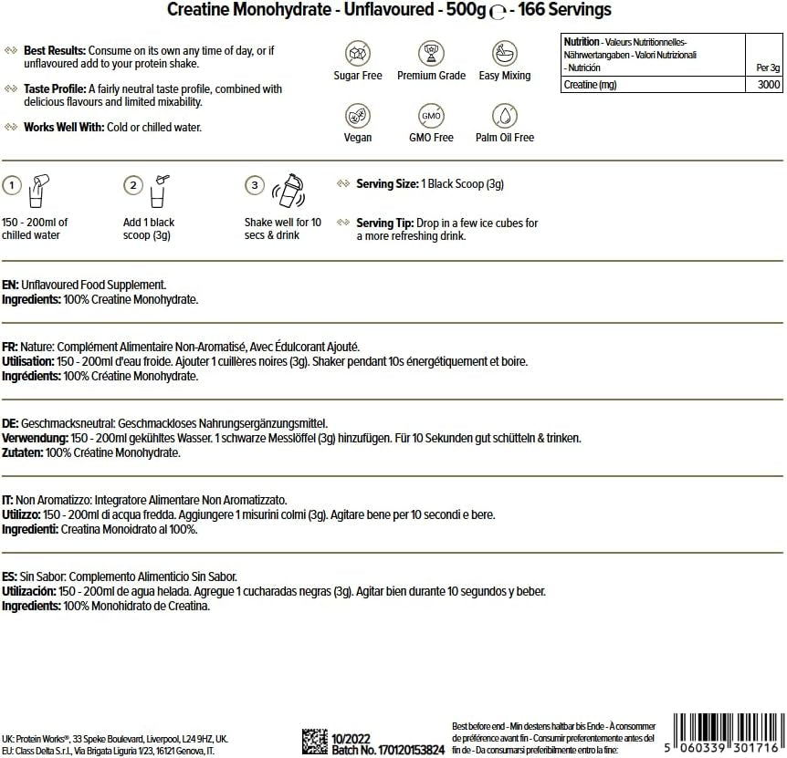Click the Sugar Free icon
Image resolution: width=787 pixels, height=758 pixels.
point(358,53)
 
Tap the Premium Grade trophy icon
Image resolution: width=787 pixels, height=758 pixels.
point(431,53)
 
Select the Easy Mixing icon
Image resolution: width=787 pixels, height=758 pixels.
point(504,53)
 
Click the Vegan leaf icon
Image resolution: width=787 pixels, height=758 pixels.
point(358,115)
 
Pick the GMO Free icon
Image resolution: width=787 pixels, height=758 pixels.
point(431,115)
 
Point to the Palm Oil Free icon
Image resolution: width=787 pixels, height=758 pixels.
point(504,115)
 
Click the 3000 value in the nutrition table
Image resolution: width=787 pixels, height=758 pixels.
point(769,84)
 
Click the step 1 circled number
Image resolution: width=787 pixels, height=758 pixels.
point(12,185)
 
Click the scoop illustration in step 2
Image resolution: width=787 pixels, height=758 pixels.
point(161,187)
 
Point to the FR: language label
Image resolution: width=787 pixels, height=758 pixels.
point(11,348)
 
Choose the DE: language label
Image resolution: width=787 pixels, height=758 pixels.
point(11,424)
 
